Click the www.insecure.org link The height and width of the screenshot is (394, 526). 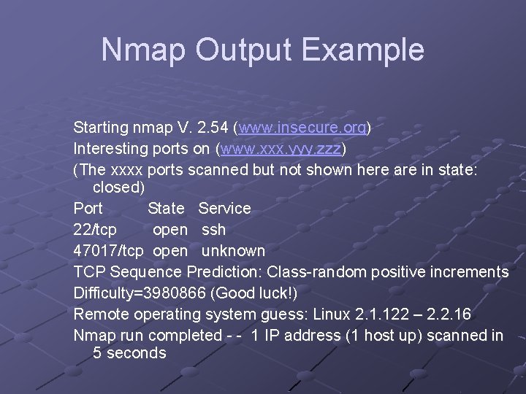tap(302, 128)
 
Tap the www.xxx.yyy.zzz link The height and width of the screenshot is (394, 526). tap(281, 149)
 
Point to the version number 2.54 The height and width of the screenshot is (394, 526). tap(213, 128)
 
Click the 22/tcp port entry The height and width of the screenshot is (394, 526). tap(95, 229)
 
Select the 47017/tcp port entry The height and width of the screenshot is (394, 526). tap(109, 250)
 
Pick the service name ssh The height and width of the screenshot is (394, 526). tap(213, 229)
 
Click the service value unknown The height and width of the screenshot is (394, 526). tap(233, 250)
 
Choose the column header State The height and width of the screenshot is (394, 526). tap(166, 208)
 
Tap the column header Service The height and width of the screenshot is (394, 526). tap(224, 208)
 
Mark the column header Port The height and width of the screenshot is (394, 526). tap(88, 208)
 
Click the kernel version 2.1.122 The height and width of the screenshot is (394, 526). tap(382, 314)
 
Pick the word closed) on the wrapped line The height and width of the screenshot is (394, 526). tap(119, 187)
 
